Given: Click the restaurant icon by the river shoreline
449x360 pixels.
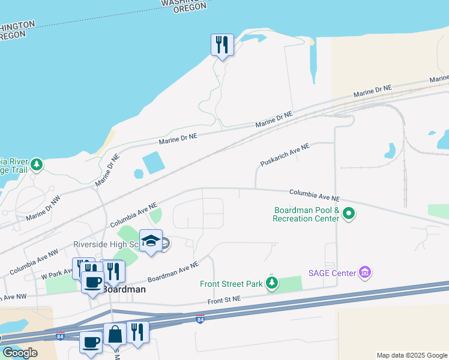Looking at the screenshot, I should coord(222,45).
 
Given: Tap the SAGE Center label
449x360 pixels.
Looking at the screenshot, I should coord(332,273).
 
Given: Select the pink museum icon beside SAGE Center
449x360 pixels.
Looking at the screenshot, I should coord(364,273).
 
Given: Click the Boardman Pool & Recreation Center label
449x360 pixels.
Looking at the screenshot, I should coord(306,214).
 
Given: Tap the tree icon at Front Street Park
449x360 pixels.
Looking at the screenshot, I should coord(272,283).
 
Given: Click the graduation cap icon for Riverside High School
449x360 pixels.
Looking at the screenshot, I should coord(151,241).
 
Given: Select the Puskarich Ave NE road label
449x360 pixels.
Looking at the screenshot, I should coord(285,155).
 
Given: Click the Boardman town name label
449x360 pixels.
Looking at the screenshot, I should coord(124,289).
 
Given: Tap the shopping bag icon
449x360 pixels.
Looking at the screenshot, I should coord(115,334).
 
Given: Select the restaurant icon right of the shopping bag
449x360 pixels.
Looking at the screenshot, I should coord(138,332).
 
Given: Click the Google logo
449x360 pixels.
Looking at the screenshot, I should coord(20,352).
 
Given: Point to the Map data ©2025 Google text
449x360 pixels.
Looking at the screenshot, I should coord(412,355).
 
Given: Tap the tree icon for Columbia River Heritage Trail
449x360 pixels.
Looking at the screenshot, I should coord(37,164).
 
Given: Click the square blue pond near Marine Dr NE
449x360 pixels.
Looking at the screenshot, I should coord(154,162).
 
